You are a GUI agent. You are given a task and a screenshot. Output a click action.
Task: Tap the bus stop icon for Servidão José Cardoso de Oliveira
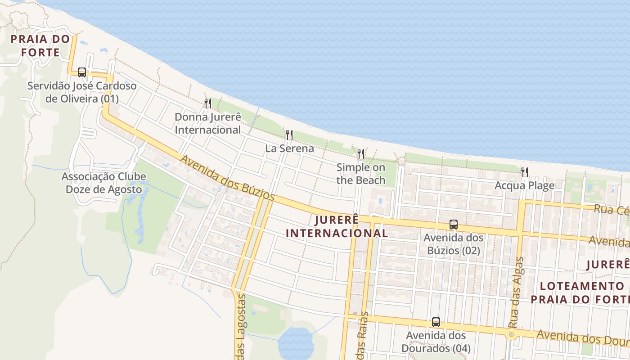click(81, 72)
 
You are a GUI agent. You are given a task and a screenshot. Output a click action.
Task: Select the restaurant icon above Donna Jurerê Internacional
click(208, 103)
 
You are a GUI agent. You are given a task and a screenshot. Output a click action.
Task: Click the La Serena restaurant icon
click(289, 135)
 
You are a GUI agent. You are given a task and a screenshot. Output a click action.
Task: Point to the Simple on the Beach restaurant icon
click(360, 154)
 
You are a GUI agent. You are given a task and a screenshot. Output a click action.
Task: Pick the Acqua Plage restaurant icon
click(525, 172)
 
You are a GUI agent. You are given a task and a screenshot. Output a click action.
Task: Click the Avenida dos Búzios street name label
click(227, 178)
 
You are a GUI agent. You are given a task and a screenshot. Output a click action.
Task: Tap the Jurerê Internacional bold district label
click(337, 226)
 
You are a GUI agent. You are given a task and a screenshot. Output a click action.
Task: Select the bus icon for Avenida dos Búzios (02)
click(454, 225)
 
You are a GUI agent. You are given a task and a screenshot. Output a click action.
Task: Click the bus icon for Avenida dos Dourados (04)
click(436, 322)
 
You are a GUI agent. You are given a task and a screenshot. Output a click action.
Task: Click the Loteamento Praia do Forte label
click(580, 292)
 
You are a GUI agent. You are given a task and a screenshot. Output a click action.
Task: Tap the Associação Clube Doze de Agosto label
click(104, 183)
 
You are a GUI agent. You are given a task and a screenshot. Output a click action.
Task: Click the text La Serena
click(289, 148)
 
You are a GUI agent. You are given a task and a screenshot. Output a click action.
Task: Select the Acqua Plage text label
click(524, 185)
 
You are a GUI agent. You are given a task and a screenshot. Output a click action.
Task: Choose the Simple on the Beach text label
click(361, 174)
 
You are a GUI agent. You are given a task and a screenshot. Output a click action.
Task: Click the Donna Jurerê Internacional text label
click(208, 123)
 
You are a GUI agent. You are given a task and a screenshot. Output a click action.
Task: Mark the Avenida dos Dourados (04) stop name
click(436, 342)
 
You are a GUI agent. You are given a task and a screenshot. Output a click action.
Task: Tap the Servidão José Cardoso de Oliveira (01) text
click(82, 92)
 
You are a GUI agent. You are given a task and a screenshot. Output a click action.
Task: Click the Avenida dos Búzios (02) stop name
click(454, 244)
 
